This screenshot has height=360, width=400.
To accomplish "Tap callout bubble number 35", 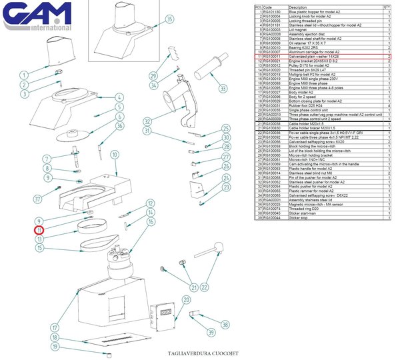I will click(169, 19).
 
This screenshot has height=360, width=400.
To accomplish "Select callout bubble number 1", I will click(24, 75).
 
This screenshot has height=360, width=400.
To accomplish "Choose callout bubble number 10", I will click(114, 155).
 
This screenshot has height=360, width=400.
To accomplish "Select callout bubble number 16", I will click(151, 221).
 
